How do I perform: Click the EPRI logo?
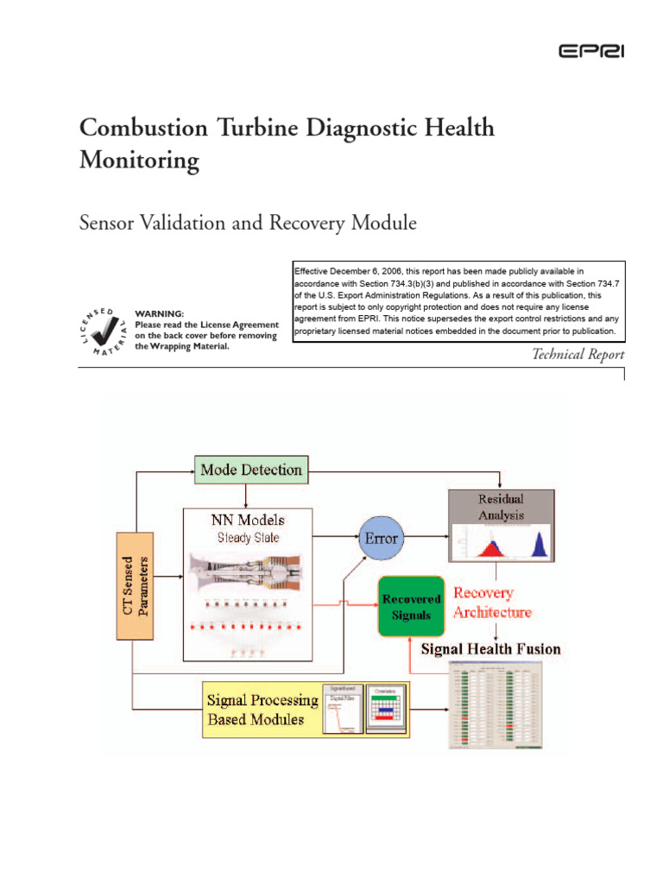click(x=591, y=52)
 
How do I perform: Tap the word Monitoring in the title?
click(x=139, y=161)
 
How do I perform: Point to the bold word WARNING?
click(x=160, y=313)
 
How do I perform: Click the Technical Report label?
click(x=578, y=354)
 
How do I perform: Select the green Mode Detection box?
click(x=251, y=470)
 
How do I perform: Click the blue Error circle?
click(x=382, y=538)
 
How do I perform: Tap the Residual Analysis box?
click(x=501, y=508)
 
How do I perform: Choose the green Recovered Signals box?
click(x=411, y=605)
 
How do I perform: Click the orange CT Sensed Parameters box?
click(x=133, y=585)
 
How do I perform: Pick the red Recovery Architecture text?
click(x=492, y=603)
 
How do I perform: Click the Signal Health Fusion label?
click(x=490, y=648)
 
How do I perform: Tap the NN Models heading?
click(x=248, y=520)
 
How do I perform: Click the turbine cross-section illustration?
click(x=248, y=573)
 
